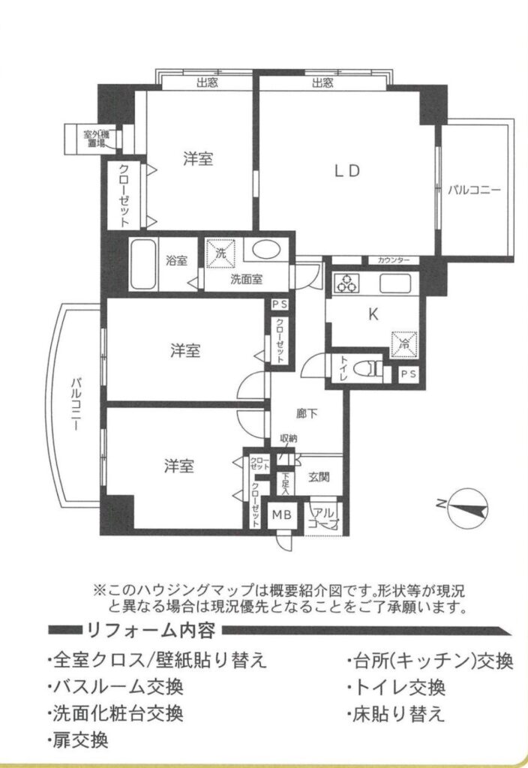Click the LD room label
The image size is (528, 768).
[347, 170]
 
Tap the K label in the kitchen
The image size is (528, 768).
[373, 314]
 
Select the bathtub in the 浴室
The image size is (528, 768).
[144, 264]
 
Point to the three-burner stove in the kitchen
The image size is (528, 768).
[346, 283]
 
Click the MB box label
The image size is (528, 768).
[282, 514]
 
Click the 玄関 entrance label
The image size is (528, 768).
[319, 476]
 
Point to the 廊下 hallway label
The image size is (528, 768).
[307, 414]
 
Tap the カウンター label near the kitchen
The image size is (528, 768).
[394, 260]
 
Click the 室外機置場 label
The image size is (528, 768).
[97, 139]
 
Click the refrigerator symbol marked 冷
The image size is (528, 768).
[404, 344]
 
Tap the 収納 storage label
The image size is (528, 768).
[289, 438]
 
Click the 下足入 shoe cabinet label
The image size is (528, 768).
[286, 483]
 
